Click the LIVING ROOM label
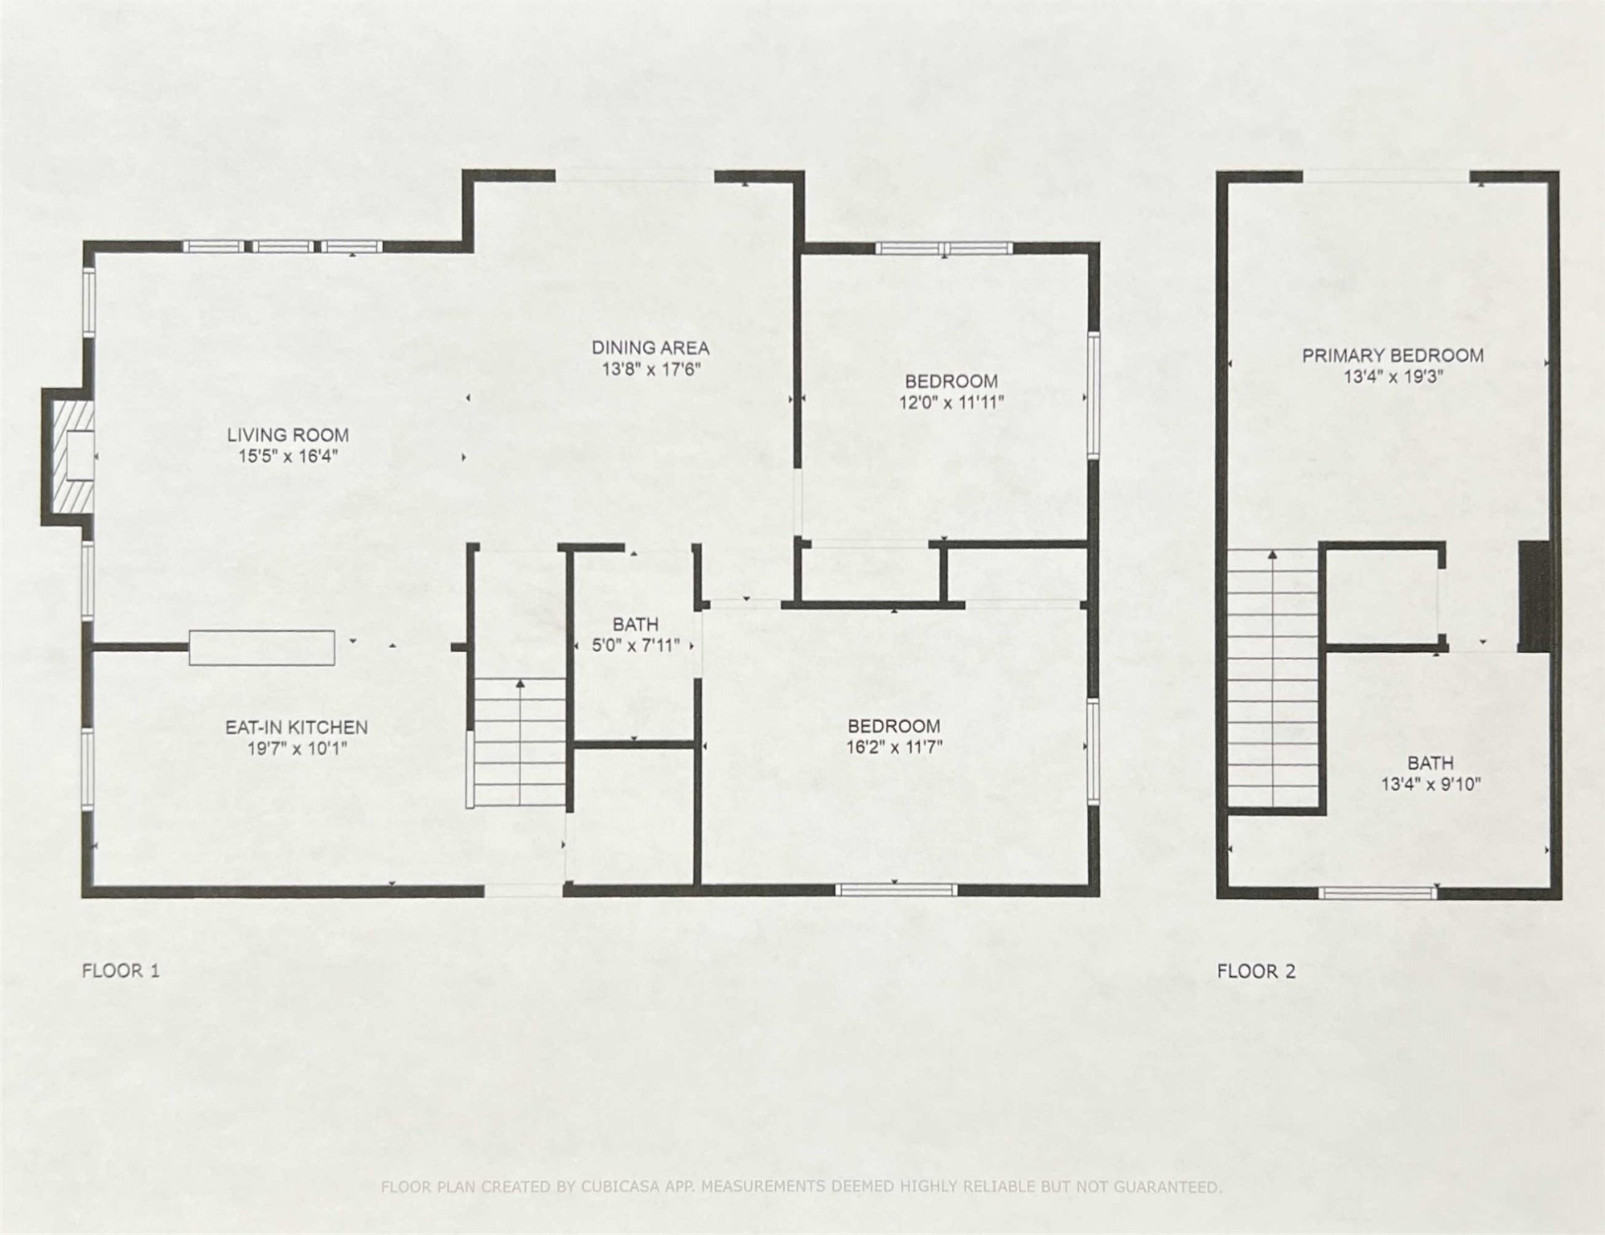click(x=287, y=435)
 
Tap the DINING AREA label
click(x=650, y=348)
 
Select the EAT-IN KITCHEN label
click(x=296, y=728)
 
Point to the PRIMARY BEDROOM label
click(x=1393, y=355)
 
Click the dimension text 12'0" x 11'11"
click(x=951, y=403)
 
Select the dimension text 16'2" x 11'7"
click(x=893, y=748)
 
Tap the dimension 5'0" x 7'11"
click(x=635, y=645)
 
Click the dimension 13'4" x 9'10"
click(x=1431, y=785)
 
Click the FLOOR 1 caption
click(x=121, y=970)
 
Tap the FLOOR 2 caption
click(x=1256, y=971)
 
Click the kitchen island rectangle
click(x=262, y=648)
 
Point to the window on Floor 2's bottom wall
click(x=1377, y=892)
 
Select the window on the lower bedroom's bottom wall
click(x=896, y=890)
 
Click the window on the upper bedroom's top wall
click(x=943, y=248)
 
